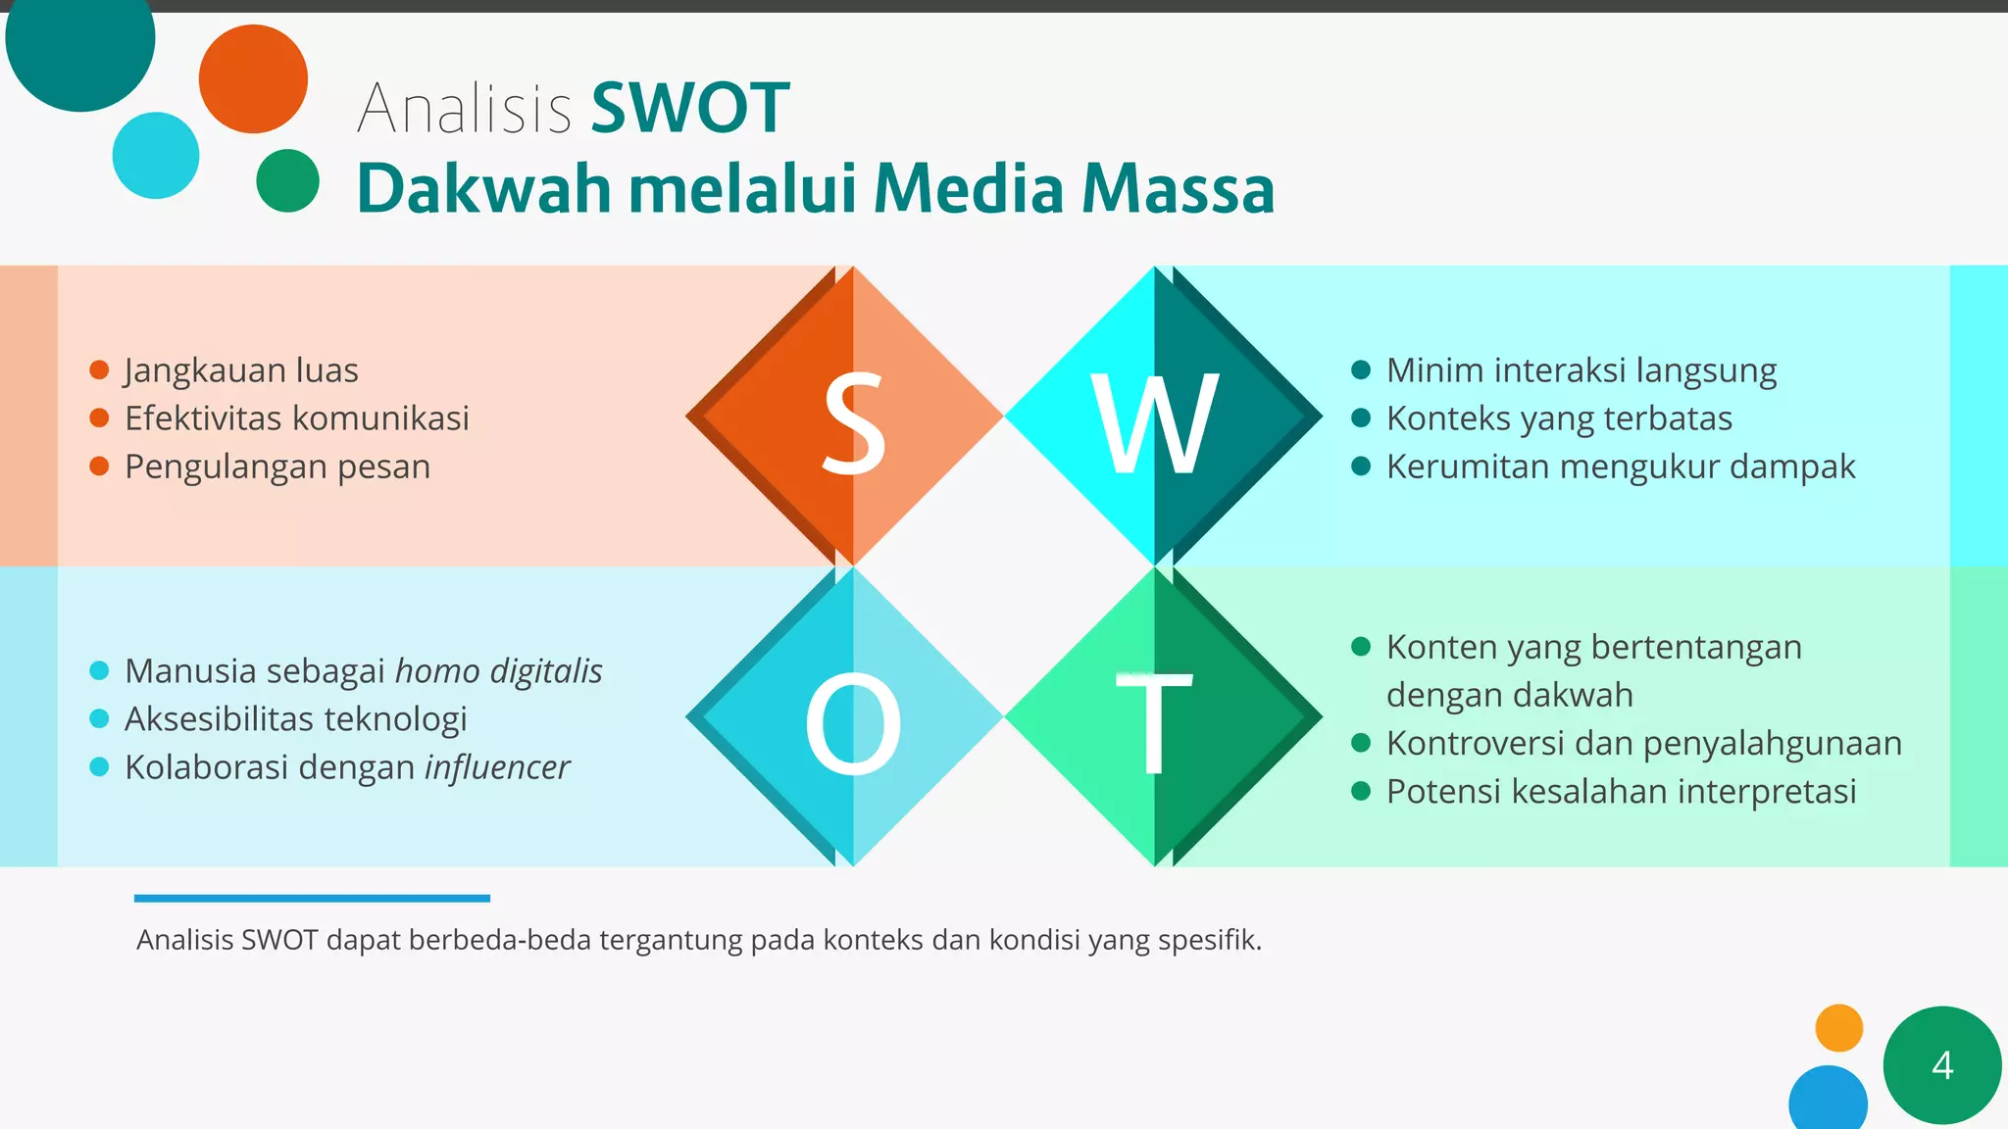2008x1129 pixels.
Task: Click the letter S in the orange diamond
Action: coord(853,423)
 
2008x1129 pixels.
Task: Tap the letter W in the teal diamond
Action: coord(1155,423)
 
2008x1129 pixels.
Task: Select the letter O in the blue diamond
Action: coord(853,724)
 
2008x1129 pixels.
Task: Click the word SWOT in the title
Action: coord(690,108)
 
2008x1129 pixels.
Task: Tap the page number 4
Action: coord(1941,1065)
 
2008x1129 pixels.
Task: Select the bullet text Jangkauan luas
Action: coord(241,370)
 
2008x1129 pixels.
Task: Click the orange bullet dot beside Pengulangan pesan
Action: coord(99,466)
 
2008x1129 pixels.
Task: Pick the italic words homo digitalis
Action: coord(498,671)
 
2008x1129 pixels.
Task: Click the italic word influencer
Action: coord(497,767)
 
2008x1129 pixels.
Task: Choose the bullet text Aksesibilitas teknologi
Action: coord(295,719)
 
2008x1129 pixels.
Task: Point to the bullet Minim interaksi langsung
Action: coord(1581,370)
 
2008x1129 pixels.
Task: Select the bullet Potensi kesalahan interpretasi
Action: coord(1621,792)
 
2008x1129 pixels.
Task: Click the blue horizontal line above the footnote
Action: coord(312,898)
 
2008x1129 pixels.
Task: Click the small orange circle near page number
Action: coord(1838,1028)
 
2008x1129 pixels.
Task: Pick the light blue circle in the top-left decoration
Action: coord(156,156)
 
